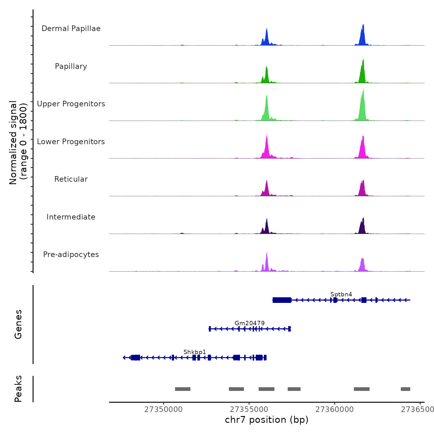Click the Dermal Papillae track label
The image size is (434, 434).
click(71, 29)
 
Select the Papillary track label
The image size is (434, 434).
click(71, 66)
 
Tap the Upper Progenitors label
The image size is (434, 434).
click(71, 104)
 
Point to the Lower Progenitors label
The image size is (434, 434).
click(71, 142)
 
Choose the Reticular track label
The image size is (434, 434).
click(71, 179)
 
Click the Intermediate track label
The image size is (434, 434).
click(71, 217)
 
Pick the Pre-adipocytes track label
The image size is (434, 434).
click(71, 255)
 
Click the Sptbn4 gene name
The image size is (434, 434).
click(341, 294)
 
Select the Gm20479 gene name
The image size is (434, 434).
click(250, 323)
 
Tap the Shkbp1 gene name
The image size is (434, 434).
click(195, 352)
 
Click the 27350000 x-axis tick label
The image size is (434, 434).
click(163, 410)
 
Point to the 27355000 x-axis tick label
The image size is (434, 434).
click(249, 410)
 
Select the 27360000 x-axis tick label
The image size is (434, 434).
click(334, 410)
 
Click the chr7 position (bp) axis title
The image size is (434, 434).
click(267, 420)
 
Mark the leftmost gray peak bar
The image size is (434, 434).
click(183, 389)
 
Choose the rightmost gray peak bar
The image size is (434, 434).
click(405, 389)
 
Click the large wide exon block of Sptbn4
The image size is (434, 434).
click(282, 300)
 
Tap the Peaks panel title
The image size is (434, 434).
click(18, 389)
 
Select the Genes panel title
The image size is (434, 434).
click(18, 324)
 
